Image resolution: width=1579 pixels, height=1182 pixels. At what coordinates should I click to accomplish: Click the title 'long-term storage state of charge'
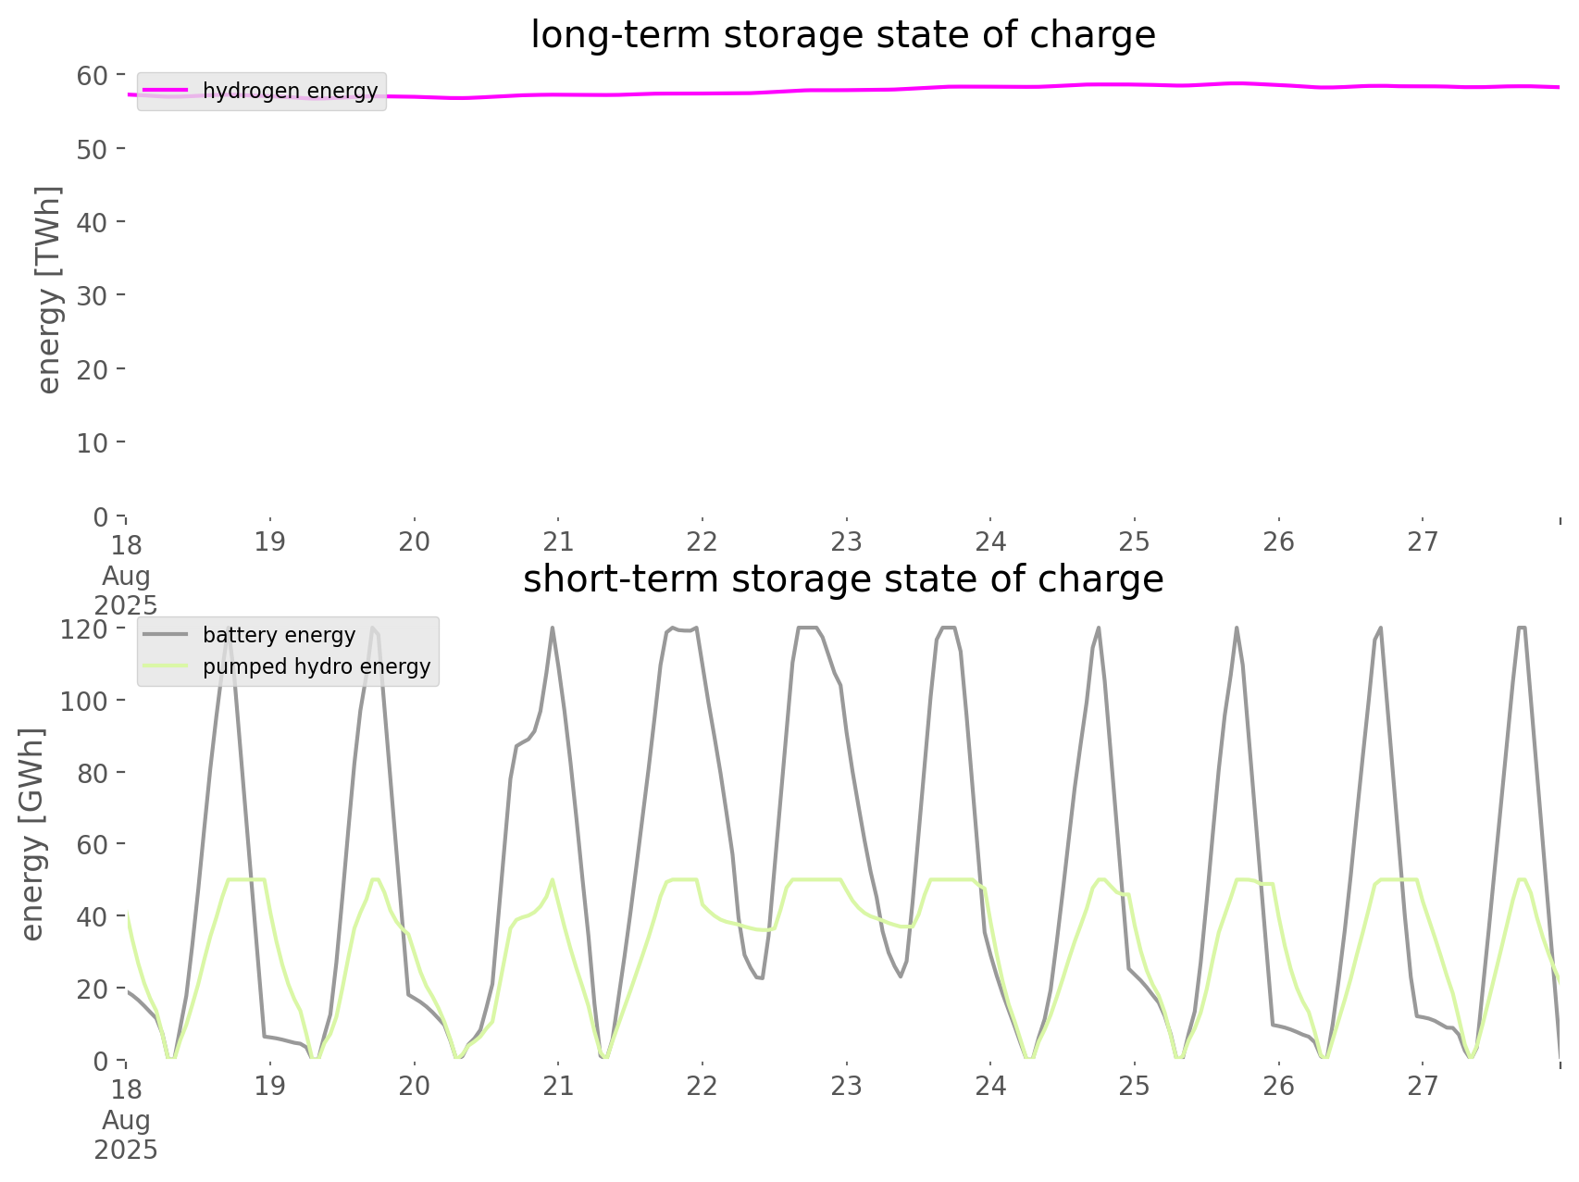[x=842, y=35]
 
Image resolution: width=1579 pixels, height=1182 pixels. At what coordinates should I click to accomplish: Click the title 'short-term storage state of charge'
[x=842, y=579]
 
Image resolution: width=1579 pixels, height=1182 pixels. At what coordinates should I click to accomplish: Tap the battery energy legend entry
[x=279, y=635]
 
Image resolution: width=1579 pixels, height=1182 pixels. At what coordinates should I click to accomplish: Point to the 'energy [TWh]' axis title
[x=48, y=290]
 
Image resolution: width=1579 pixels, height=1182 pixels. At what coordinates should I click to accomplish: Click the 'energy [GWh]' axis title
[x=31, y=834]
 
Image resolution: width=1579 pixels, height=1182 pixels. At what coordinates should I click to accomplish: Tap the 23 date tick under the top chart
[x=846, y=541]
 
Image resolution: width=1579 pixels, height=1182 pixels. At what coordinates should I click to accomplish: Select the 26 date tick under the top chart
[x=1278, y=541]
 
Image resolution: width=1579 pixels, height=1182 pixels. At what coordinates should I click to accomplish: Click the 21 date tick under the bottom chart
[x=558, y=1085]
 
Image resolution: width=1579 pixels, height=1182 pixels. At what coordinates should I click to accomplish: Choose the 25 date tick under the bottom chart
[x=1134, y=1085]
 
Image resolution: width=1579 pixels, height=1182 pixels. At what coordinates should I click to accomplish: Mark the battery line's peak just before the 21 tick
[x=553, y=628]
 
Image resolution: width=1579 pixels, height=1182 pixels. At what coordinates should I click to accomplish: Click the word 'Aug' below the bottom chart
[x=126, y=1120]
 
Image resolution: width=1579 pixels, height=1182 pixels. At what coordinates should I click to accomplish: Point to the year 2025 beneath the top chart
[x=126, y=605]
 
